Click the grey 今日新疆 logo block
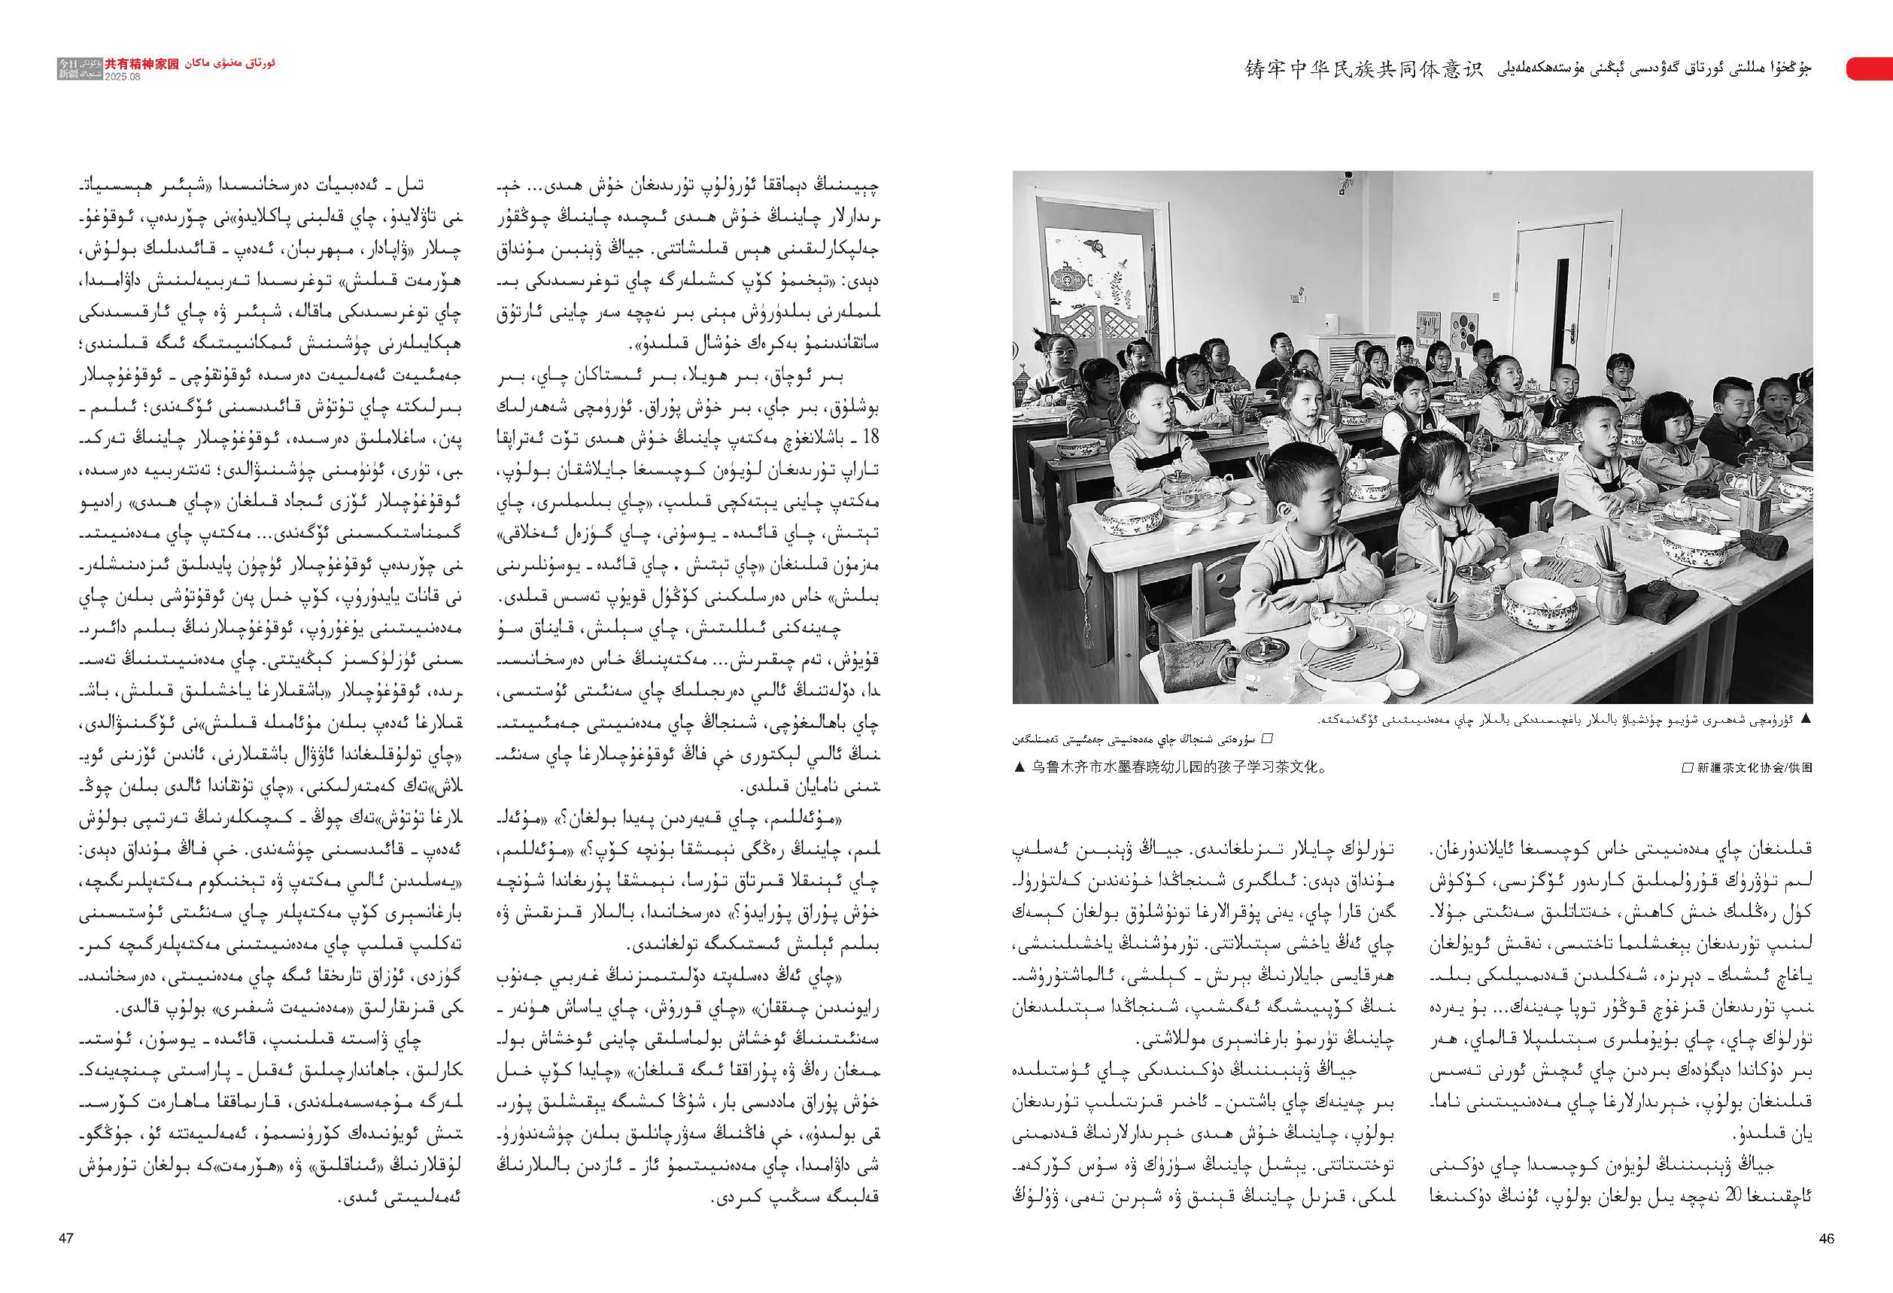[67, 68]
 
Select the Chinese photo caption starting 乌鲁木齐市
[1177, 767]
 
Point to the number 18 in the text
[870, 436]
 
